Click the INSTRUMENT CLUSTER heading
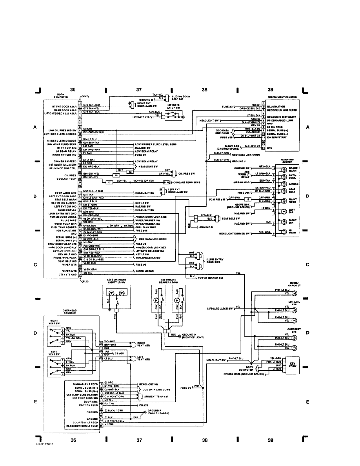coord(282,96)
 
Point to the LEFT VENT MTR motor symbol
coord(132,358)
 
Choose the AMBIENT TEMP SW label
coord(157,397)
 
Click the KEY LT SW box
coord(292,364)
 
